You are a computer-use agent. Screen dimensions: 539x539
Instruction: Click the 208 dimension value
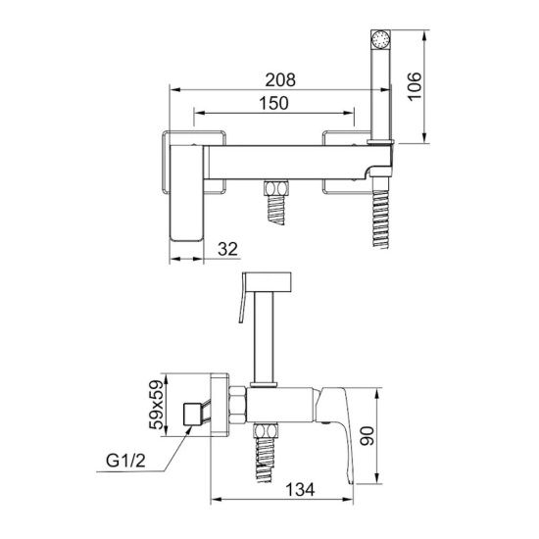coord(280,79)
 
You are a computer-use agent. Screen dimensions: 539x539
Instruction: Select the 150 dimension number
coord(273,103)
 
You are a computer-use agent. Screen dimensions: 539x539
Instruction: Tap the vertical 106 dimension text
coord(415,86)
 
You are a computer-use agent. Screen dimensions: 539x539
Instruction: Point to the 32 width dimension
coord(227,249)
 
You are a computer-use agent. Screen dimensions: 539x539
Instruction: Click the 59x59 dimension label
coord(156,405)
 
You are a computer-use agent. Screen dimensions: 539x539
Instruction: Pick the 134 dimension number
coord(300,489)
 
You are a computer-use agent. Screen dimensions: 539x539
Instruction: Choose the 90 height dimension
coord(367,436)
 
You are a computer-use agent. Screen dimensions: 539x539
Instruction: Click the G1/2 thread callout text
coord(125,461)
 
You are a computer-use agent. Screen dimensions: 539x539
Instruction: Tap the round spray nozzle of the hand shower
coord(380,38)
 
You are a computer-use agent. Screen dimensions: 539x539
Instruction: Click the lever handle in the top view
coord(186,193)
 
